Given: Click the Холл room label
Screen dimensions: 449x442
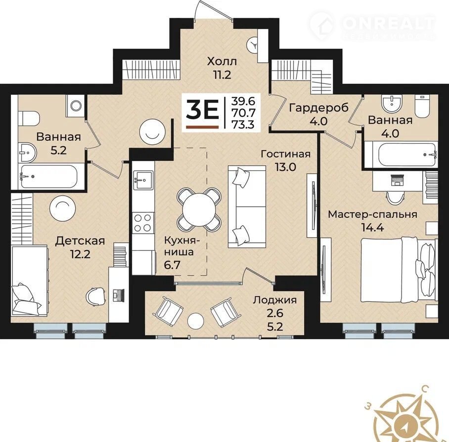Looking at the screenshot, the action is [x=222, y=61].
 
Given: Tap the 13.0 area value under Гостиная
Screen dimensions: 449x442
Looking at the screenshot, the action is [x=285, y=167].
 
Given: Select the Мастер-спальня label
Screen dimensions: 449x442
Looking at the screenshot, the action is [x=372, y=214].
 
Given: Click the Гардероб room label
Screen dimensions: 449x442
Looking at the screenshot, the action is [x=319, y=108].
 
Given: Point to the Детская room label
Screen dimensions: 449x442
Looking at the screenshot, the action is [x=80, y=241].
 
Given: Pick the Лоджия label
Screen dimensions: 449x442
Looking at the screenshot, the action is [x=275, y=300].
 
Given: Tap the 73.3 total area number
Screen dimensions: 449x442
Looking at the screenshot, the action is [x=243, y=124].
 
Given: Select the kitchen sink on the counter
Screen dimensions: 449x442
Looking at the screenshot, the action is [x=143, y=180].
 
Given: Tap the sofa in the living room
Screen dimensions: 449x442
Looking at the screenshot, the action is [x=247, y=206].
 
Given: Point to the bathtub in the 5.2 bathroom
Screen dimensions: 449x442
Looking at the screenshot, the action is [x=48, y=177].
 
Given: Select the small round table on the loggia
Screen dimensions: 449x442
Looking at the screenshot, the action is [x=196, y=321].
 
